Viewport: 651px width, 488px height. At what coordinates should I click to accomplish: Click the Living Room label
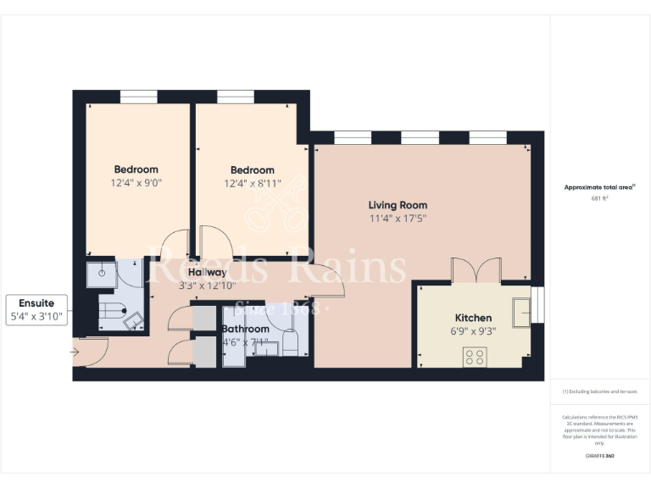[x=397, y=205]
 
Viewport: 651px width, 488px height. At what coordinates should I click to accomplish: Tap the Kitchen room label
[x=473, y=318]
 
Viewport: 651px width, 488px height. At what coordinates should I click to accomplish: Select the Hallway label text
[x=208, y=272]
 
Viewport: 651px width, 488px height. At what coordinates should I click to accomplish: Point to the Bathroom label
[x=246, y=329]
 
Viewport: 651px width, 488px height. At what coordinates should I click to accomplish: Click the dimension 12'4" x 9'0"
[x=136, y=182]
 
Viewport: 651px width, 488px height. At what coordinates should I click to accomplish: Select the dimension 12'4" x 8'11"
[x=249, y=182]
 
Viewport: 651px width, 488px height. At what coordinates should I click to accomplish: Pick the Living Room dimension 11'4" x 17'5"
[x=397, y=218]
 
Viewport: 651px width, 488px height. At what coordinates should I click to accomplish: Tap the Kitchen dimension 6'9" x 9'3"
[x=473, y=330]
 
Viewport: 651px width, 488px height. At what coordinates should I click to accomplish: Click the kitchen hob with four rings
[x=474, y=356]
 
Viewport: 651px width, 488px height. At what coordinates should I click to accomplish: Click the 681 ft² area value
[x=598, y=198]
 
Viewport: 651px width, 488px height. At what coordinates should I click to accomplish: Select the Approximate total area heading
[x=598, y=187]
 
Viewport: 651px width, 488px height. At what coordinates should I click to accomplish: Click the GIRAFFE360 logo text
[x=598, y=457]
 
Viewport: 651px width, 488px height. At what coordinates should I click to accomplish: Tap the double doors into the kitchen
[x=476, y=270]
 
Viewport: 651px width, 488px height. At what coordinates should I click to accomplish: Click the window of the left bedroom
[x=137, y=97]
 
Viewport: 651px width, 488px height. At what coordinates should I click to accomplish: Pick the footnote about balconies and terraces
[x=598, y=391]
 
